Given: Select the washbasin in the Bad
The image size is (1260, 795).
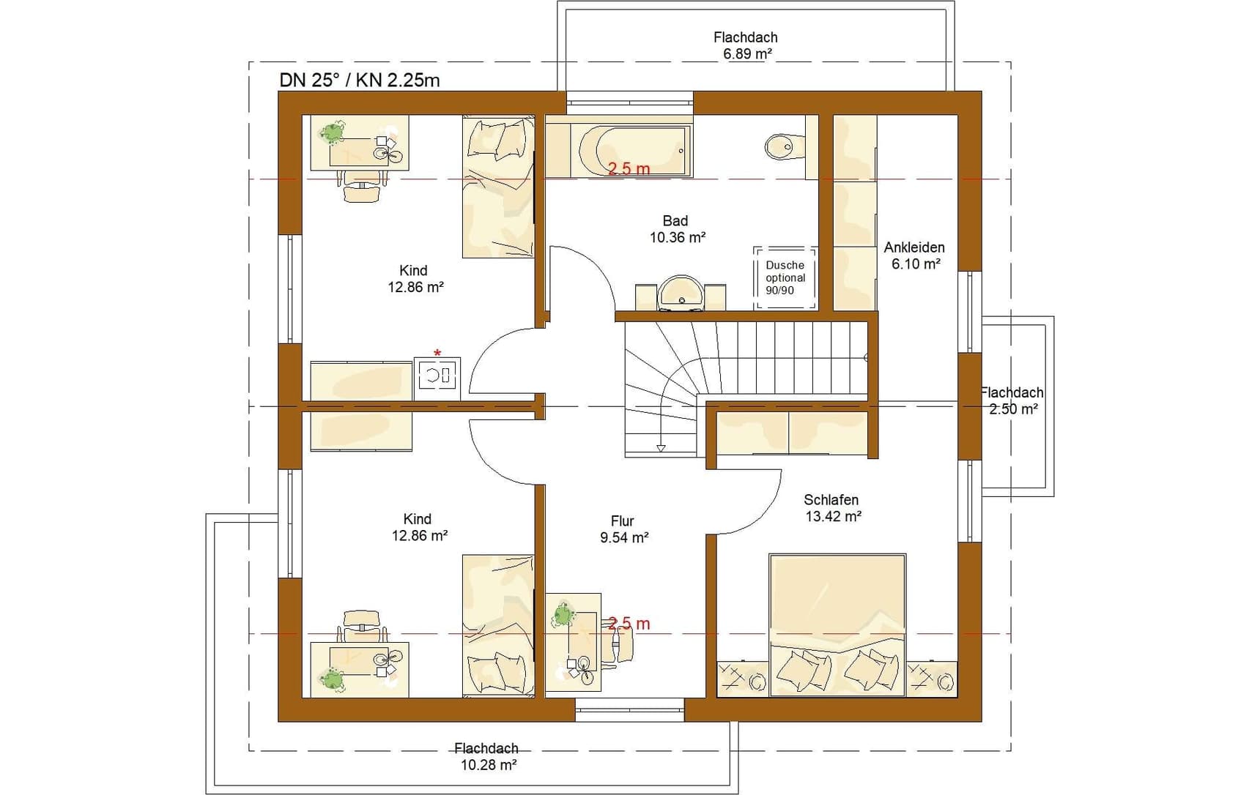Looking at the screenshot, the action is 681,292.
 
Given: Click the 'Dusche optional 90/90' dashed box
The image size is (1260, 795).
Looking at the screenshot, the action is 785,277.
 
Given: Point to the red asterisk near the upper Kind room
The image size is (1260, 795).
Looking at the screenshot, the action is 437,354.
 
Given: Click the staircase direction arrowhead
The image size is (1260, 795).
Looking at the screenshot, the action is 661,448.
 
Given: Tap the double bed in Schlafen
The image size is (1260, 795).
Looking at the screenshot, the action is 837,625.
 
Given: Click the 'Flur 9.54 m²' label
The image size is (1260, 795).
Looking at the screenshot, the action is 623,529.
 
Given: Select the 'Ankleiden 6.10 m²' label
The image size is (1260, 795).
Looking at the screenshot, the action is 915,255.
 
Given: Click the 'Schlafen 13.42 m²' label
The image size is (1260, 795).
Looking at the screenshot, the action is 832,508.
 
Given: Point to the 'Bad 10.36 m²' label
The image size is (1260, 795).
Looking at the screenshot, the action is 677,228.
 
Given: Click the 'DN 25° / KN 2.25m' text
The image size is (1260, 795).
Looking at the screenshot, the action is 360,81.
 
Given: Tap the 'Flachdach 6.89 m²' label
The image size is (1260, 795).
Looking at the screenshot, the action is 746,45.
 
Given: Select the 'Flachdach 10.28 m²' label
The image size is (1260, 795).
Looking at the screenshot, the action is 486,756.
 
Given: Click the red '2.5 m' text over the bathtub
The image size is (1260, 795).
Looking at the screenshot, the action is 629,168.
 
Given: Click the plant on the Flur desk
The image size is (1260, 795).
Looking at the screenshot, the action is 563,614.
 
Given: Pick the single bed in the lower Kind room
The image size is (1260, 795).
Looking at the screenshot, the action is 498,625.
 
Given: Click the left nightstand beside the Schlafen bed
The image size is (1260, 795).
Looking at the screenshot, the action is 742,679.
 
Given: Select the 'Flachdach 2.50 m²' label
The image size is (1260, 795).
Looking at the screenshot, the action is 1012,401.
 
